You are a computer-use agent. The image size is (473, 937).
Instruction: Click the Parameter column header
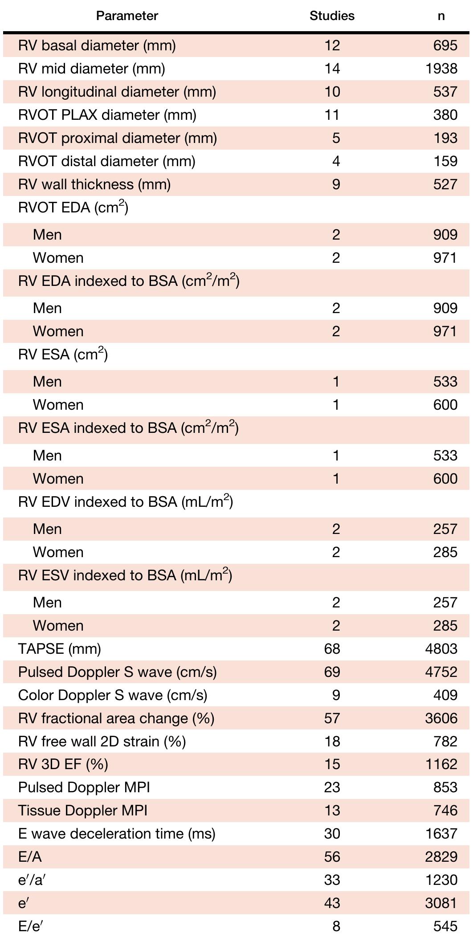tap(127, 16)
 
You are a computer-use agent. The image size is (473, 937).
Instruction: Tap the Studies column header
tap(332, 16)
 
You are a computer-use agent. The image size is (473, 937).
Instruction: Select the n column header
tap(441, 16)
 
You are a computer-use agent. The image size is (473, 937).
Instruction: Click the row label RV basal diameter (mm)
tap(97, 45)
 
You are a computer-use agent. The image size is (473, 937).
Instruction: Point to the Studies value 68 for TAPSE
tap(332, 648)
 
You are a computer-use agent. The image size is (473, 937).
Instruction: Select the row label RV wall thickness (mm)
tap(94, 184)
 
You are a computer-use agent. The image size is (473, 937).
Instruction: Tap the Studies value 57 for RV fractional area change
tap(332, 718)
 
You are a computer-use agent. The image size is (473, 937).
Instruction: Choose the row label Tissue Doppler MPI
tap(83, 811)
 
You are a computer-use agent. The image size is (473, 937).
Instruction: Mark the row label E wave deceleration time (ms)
tap(117, 834)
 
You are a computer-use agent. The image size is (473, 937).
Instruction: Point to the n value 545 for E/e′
tap(445, 926)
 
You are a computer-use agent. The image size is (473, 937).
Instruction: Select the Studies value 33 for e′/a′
tap(332, 880)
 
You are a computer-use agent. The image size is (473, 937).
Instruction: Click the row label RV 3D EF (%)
tap(63, 764)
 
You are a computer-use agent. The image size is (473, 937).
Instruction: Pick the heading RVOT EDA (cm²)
tap(73, 208)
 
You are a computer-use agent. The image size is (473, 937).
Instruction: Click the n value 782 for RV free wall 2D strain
tap(445, 741)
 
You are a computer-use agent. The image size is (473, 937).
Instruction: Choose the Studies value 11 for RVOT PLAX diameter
tap(332, 115)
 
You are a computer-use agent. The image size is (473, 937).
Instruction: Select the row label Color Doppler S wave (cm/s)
tap(113, 695)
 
